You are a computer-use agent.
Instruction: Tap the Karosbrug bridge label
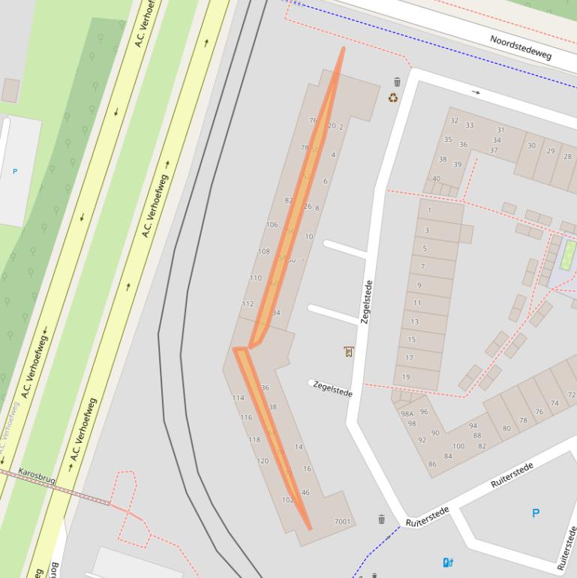pyautogui.click(x=36, y=477)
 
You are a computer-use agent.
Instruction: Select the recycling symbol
pyautogui.click(x=393, y=98)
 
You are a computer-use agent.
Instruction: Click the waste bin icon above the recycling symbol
pyautogui.click(x=397, y=82)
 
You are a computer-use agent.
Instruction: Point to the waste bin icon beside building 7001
pyautogui.click(x=381, y=519)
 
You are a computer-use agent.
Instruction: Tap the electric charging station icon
pyautogui.click(x=448, y=561)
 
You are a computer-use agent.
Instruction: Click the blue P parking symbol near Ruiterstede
pyautogui.click(x=536, y=513)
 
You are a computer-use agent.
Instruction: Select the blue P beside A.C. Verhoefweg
pyautogui.click(x=15, y=172)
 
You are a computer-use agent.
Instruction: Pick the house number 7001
pyautogui.click(x=342, y=521)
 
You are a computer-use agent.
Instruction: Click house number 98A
pyautogui.click(x=407, y=414)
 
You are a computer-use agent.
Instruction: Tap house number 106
pyautogui.click(x=272, y=224)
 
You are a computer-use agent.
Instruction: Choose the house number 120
pyautogui.click(x=262, y=461)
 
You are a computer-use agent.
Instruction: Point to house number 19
pyautogui.click(x=406, y=377)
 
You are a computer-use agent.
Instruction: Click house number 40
pyautogui.click(x=436, y=179)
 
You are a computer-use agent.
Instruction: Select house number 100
pyautogui.click(x=458, y=446)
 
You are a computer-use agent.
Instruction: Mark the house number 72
pyautogui.click(x=572, y=394)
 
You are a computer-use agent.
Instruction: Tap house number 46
pyautogui.click(x=305, y=492)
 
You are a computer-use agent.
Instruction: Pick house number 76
pyautogui.click(x=313, y=120)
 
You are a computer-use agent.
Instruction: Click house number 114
pyautogui.click(x=238, y=398)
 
